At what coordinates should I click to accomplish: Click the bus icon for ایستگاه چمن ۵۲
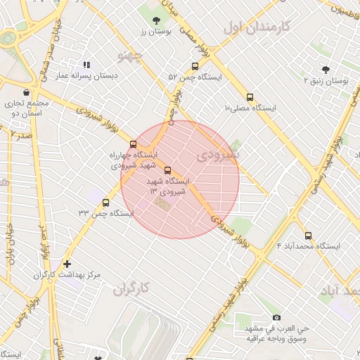pos(195,67)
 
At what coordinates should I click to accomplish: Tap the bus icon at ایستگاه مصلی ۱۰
pos(250,98)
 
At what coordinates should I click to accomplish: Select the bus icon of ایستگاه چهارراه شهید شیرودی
pos(134,144)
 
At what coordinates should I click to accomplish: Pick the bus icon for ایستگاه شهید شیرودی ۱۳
pos(167,170)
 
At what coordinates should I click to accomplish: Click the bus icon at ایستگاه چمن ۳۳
pos(106,202)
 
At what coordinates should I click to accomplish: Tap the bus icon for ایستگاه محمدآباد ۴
pos(308,236)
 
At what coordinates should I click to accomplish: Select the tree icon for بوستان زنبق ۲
pos(325,70)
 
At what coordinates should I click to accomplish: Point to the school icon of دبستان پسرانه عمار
pos(86,65)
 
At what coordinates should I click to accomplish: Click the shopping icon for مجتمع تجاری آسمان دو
pos(26,92)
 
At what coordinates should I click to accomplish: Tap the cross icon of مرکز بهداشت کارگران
pos(67,264)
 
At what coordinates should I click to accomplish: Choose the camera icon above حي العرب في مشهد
pos(276,318)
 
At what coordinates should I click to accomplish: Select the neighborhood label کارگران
pos(132,288)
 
